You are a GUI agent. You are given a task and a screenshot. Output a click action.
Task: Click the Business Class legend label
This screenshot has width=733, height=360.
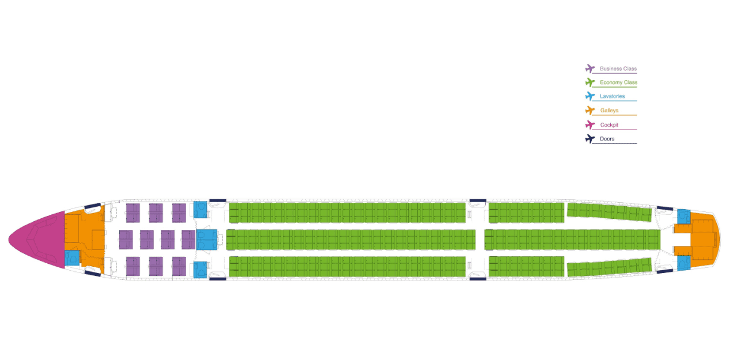click(618, 69)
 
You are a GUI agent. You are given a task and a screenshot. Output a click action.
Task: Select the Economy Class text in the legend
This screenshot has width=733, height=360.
click(618, 82)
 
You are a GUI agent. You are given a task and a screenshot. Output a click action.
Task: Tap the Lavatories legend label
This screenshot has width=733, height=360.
click(612, 96)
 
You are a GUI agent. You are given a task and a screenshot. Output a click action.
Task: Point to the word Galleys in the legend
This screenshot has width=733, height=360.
click(609, 111)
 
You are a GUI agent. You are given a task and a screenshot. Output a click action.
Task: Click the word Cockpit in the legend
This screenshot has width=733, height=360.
click(609, 125)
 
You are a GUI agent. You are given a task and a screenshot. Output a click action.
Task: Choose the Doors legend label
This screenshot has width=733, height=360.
click(607, 139)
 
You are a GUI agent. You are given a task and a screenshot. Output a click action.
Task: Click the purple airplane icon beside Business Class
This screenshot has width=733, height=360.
click(590, 69)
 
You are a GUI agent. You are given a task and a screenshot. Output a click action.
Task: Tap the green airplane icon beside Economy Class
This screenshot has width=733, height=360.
click(590, 82)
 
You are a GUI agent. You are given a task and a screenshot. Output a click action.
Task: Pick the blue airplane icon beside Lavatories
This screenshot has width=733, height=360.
click(590, 96)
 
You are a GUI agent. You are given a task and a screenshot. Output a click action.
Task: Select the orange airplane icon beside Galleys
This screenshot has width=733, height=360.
click(590, 111)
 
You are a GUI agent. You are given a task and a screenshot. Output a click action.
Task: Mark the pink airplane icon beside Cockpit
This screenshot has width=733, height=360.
click(590, 125)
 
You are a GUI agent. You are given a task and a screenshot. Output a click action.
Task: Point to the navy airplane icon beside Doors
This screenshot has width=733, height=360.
click(590, 139)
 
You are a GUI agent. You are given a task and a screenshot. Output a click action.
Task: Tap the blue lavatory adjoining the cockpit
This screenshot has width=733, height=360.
click(72, 257)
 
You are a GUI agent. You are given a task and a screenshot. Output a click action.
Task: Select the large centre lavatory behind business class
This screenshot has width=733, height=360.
click(206, 240)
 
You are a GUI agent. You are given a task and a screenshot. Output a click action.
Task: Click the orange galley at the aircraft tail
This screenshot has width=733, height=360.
click(700, 240)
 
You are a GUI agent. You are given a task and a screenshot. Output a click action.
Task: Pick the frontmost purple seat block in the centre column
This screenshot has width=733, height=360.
click(126, 240)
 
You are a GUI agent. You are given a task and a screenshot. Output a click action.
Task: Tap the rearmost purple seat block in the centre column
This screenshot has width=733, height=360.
click(188, 240)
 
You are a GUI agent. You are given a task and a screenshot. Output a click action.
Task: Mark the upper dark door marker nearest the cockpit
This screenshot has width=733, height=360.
click(93, 206)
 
